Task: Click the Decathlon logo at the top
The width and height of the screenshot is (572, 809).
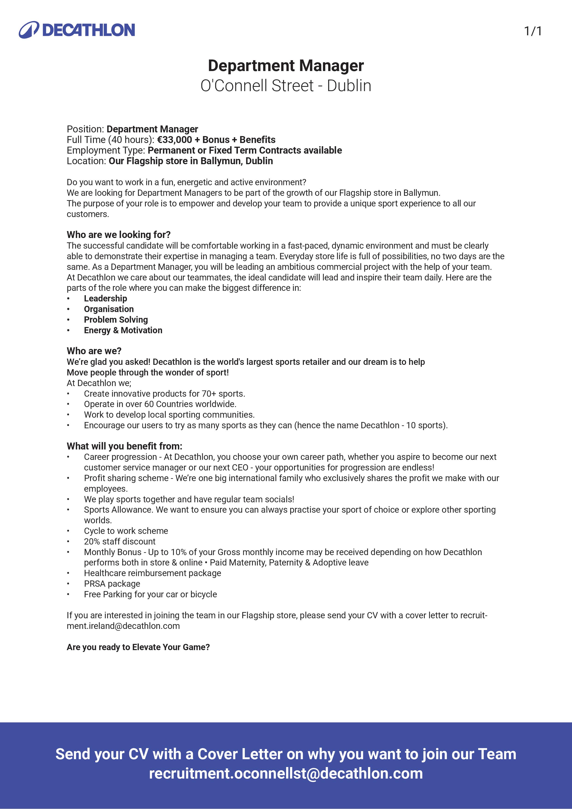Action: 77,30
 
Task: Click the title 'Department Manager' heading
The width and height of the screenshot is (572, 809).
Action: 286,65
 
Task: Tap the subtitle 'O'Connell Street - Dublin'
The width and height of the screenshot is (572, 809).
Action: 286,86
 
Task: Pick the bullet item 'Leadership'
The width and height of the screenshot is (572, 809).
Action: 105,298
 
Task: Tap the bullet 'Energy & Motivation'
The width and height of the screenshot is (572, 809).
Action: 123,330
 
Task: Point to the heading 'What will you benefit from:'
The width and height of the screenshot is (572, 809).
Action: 124,446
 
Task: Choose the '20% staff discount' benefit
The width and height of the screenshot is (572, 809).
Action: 120,541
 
